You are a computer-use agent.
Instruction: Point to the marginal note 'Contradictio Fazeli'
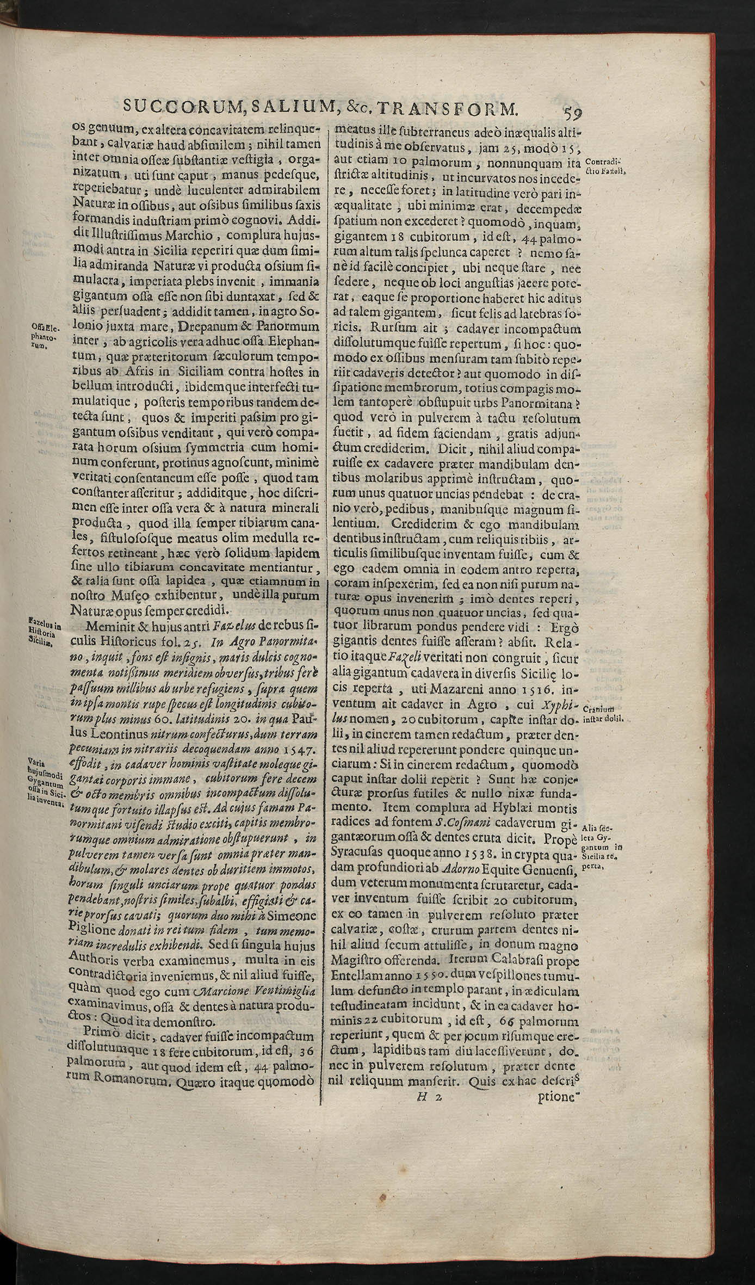(x=604, y=166)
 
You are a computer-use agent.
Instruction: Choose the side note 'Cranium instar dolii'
(x=605, y=713)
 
